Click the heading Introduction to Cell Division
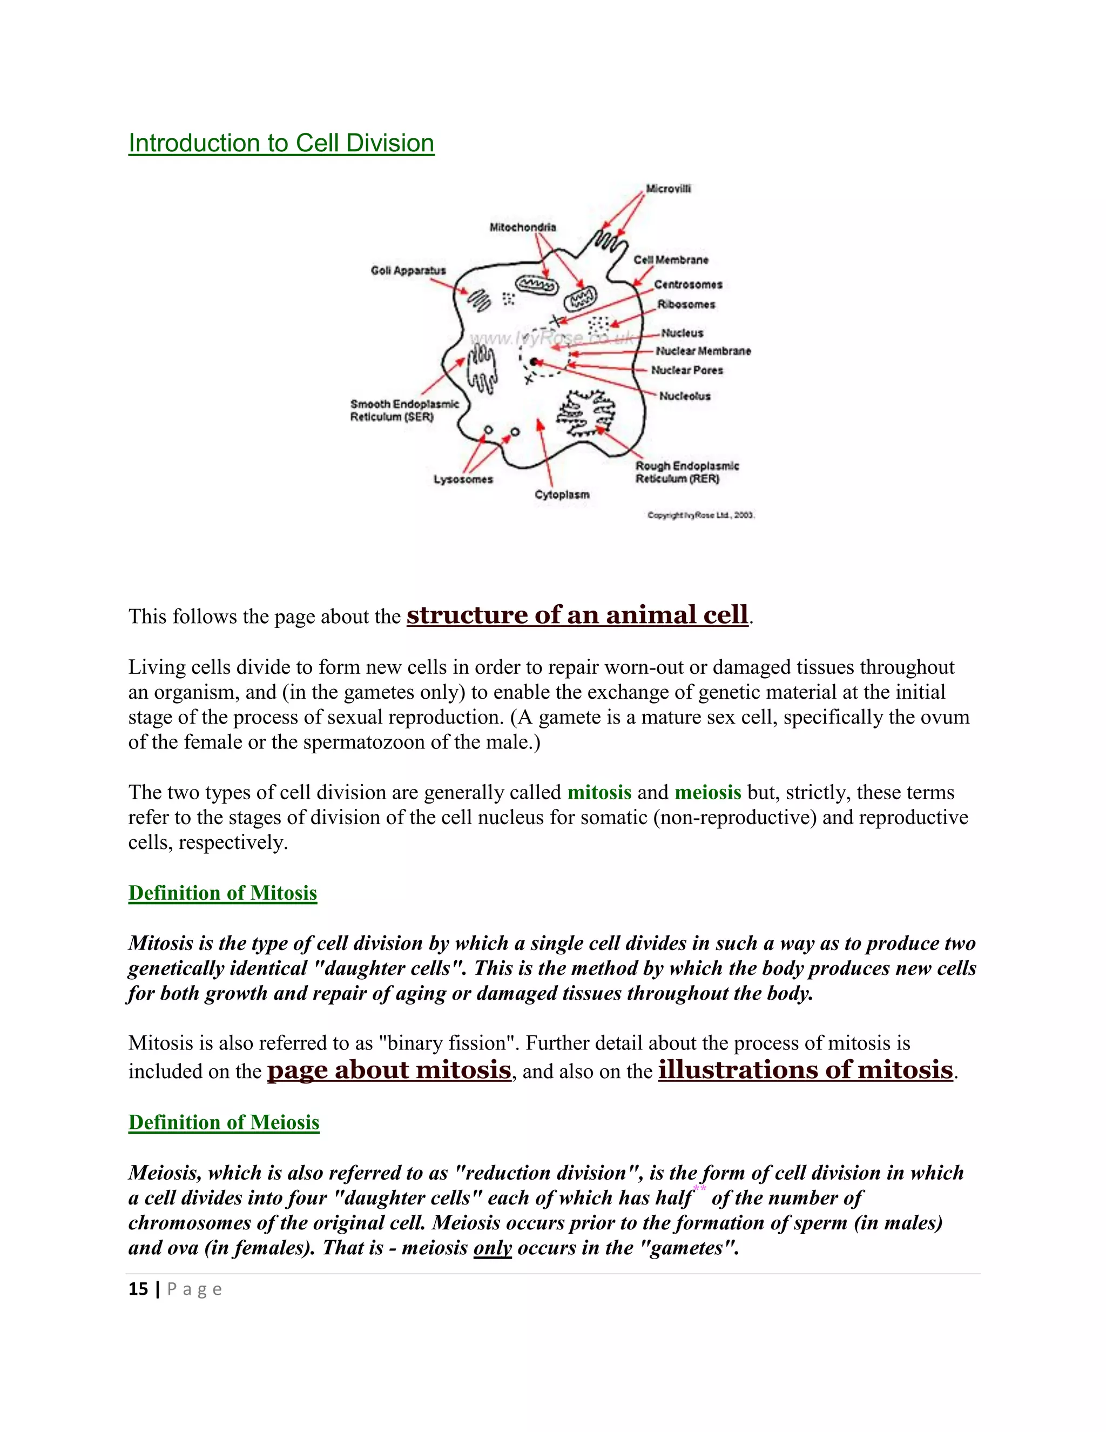point(281,144)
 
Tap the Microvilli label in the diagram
point(669,189)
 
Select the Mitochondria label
point(522,227)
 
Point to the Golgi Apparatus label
point(408,271)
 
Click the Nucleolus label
point(685,396)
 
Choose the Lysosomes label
point(463,479)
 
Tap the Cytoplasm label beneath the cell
point(562,494)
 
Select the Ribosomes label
point(686,305)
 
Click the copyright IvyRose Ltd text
point(700,516)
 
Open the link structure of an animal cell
point(577,615)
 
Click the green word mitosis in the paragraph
point(599,792)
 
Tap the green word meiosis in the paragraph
point(707,792)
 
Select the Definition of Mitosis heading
point(223,893)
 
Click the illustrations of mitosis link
point(805,1070)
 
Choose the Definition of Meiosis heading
point(224,1122)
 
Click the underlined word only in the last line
point(492,1247)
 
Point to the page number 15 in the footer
point(138,1289)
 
